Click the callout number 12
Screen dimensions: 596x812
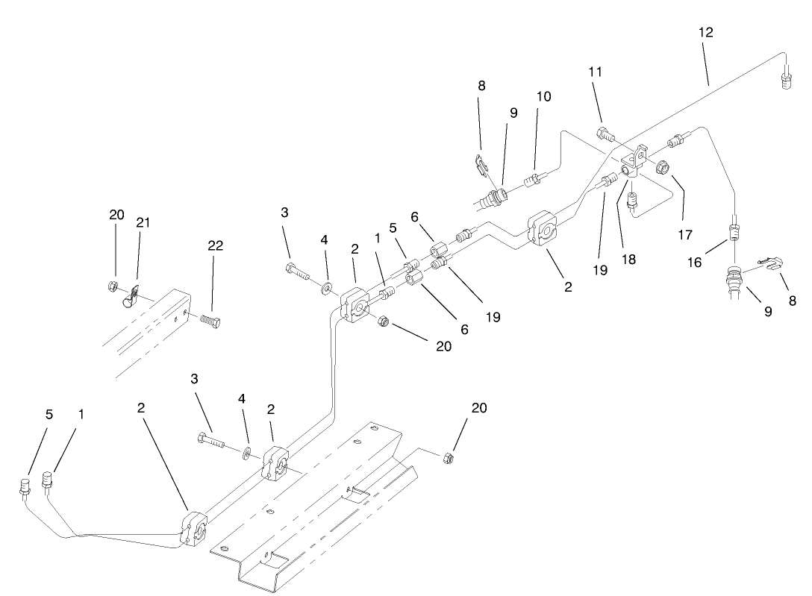706,32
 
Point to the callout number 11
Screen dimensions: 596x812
595,72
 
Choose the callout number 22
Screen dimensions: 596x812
216,245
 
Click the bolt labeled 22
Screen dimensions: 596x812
212,321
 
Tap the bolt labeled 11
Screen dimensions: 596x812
605,135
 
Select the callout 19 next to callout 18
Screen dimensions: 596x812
600,270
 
